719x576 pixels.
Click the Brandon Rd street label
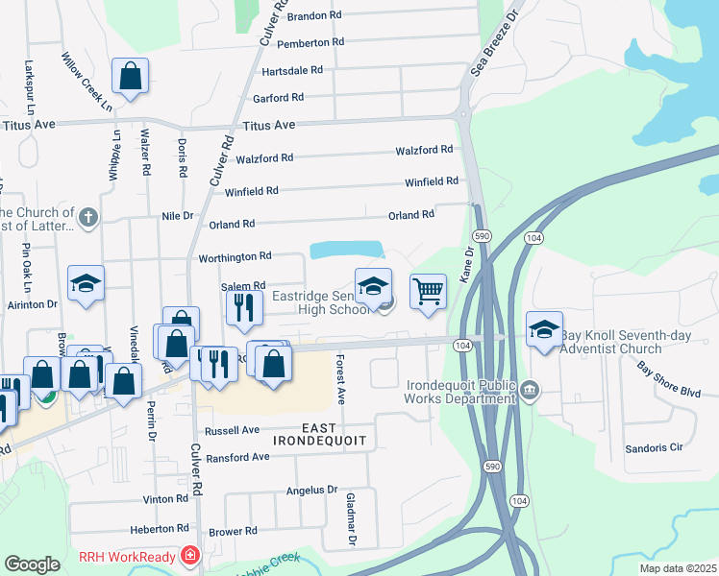(x=314, y=16)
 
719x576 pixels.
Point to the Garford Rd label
(x=278, y=98)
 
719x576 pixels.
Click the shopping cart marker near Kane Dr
(x=428, y=290)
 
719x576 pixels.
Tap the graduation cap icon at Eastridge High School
(x=373, y=284)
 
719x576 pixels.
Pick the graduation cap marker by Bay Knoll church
(x=544, y=328)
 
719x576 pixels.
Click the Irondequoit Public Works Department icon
(x=530, y=390)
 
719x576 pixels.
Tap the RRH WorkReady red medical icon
(x=190, y=557)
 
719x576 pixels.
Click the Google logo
(x=32, y=564)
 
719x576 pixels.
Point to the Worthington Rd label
(x=235, y=257)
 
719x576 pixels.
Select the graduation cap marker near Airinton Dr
(x=86, y=282)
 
